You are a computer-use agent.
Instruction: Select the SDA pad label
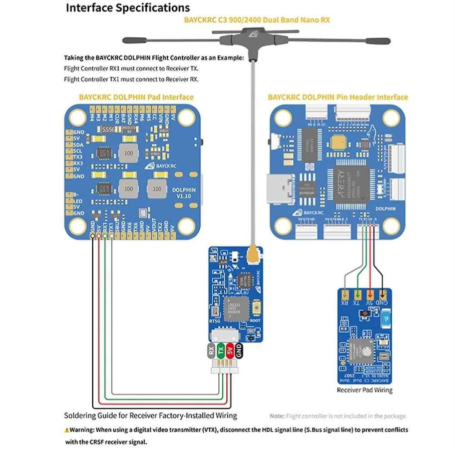(78, 144)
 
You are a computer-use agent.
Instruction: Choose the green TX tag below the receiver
(220, 351)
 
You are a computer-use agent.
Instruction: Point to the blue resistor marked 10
(385, 318)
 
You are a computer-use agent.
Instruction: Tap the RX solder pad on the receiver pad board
(345, 294)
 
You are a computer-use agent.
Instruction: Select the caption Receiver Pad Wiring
(365, 390)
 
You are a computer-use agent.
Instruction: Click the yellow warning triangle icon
(67, 430)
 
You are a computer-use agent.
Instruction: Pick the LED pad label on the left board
(78, 200)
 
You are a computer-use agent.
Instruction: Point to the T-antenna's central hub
(251, 35)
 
